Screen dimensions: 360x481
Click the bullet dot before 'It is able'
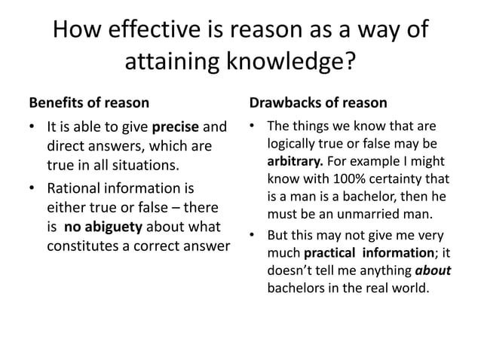(x=32, y=127)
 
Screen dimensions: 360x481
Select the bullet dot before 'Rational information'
(x=32, y=188)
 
